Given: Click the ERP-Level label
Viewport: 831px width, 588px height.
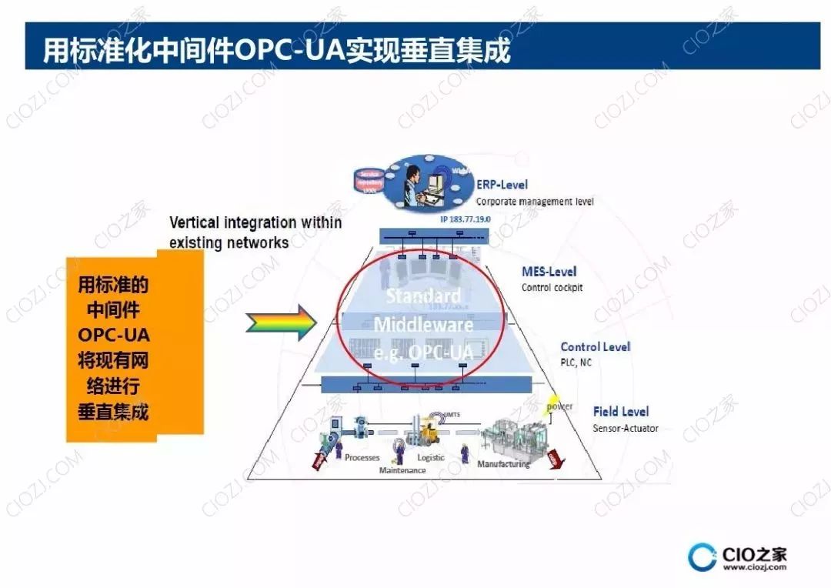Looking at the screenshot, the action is tap(502, 185).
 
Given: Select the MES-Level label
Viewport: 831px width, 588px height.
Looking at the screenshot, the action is tap(549, 272).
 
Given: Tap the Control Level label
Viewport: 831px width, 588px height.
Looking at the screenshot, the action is tap(595, 347).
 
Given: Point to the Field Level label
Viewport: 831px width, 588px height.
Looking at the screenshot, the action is tap(620, 412).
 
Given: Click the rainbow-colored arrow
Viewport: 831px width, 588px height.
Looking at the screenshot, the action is tap(282, 322).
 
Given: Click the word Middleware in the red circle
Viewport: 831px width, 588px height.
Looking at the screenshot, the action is tap(422, 324).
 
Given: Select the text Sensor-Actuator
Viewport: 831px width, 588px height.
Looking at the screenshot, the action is tap(626, 428).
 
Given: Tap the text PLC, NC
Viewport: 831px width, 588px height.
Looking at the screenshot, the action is tap(576, 362).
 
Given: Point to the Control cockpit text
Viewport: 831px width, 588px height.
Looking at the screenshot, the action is tap(552, 288).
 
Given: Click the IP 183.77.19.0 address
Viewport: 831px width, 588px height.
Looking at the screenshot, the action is tap(466, 219).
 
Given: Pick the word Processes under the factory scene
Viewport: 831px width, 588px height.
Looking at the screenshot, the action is tap(362, 457).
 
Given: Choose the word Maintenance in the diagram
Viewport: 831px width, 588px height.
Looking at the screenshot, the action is tap(402, 470).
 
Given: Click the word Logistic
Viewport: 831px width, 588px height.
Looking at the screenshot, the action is tap(431, 457).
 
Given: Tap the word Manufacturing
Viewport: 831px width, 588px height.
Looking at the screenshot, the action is tap(503, 464).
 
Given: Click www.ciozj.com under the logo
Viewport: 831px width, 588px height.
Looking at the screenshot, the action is tap(754, 568).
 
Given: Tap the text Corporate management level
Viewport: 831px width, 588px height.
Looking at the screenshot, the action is tap(535, 202).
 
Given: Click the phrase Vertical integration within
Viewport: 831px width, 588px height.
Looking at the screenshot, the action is tap(255, 223).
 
